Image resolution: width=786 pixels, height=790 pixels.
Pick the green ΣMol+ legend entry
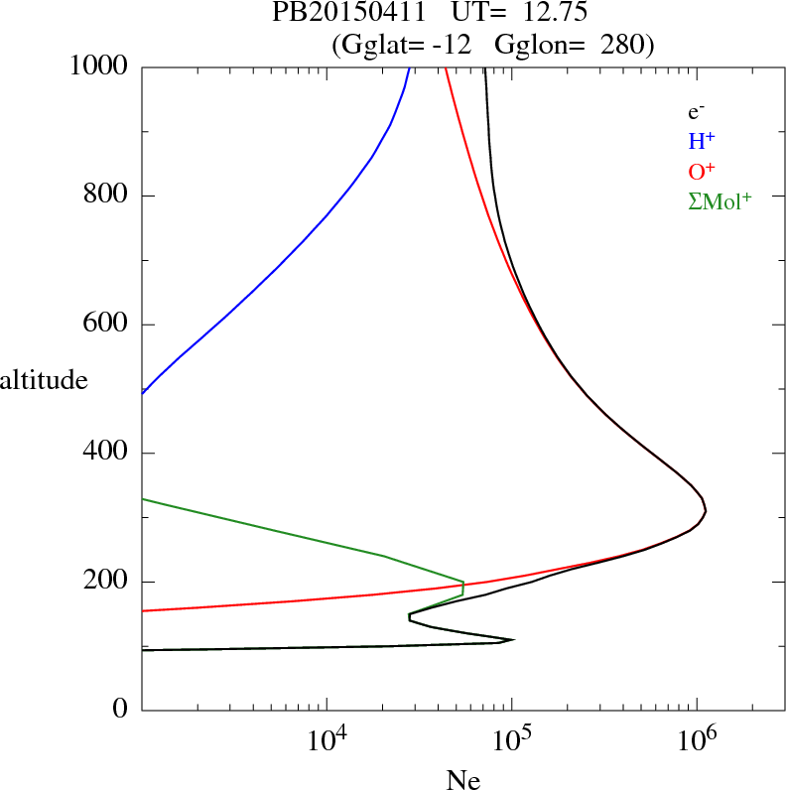pos(720,200)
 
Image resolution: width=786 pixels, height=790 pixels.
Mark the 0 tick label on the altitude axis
pos(121,711)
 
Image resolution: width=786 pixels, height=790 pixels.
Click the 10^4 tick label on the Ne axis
pos(327,741)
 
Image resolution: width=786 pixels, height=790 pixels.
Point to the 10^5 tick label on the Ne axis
pos(511,741)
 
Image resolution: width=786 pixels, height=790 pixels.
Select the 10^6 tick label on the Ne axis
pos(696,741)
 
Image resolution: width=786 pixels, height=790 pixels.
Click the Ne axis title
pos(462,779)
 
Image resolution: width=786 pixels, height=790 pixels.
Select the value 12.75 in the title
pos(545,14)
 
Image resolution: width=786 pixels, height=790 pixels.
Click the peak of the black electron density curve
pos(706,511)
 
